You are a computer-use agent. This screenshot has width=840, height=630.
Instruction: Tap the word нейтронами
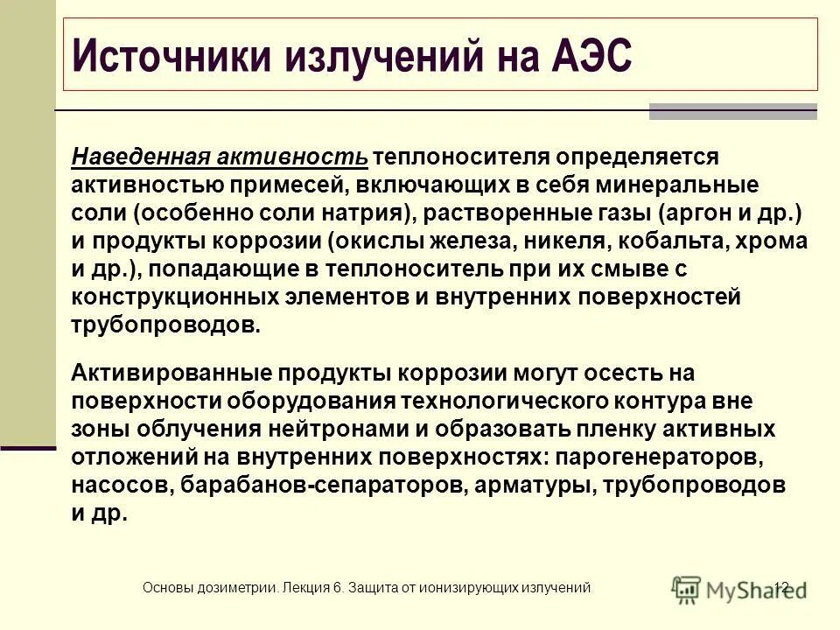(417, 429)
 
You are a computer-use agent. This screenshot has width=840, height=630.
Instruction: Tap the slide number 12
(781, 588)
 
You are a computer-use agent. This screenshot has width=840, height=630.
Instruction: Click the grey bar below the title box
(732, 111)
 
